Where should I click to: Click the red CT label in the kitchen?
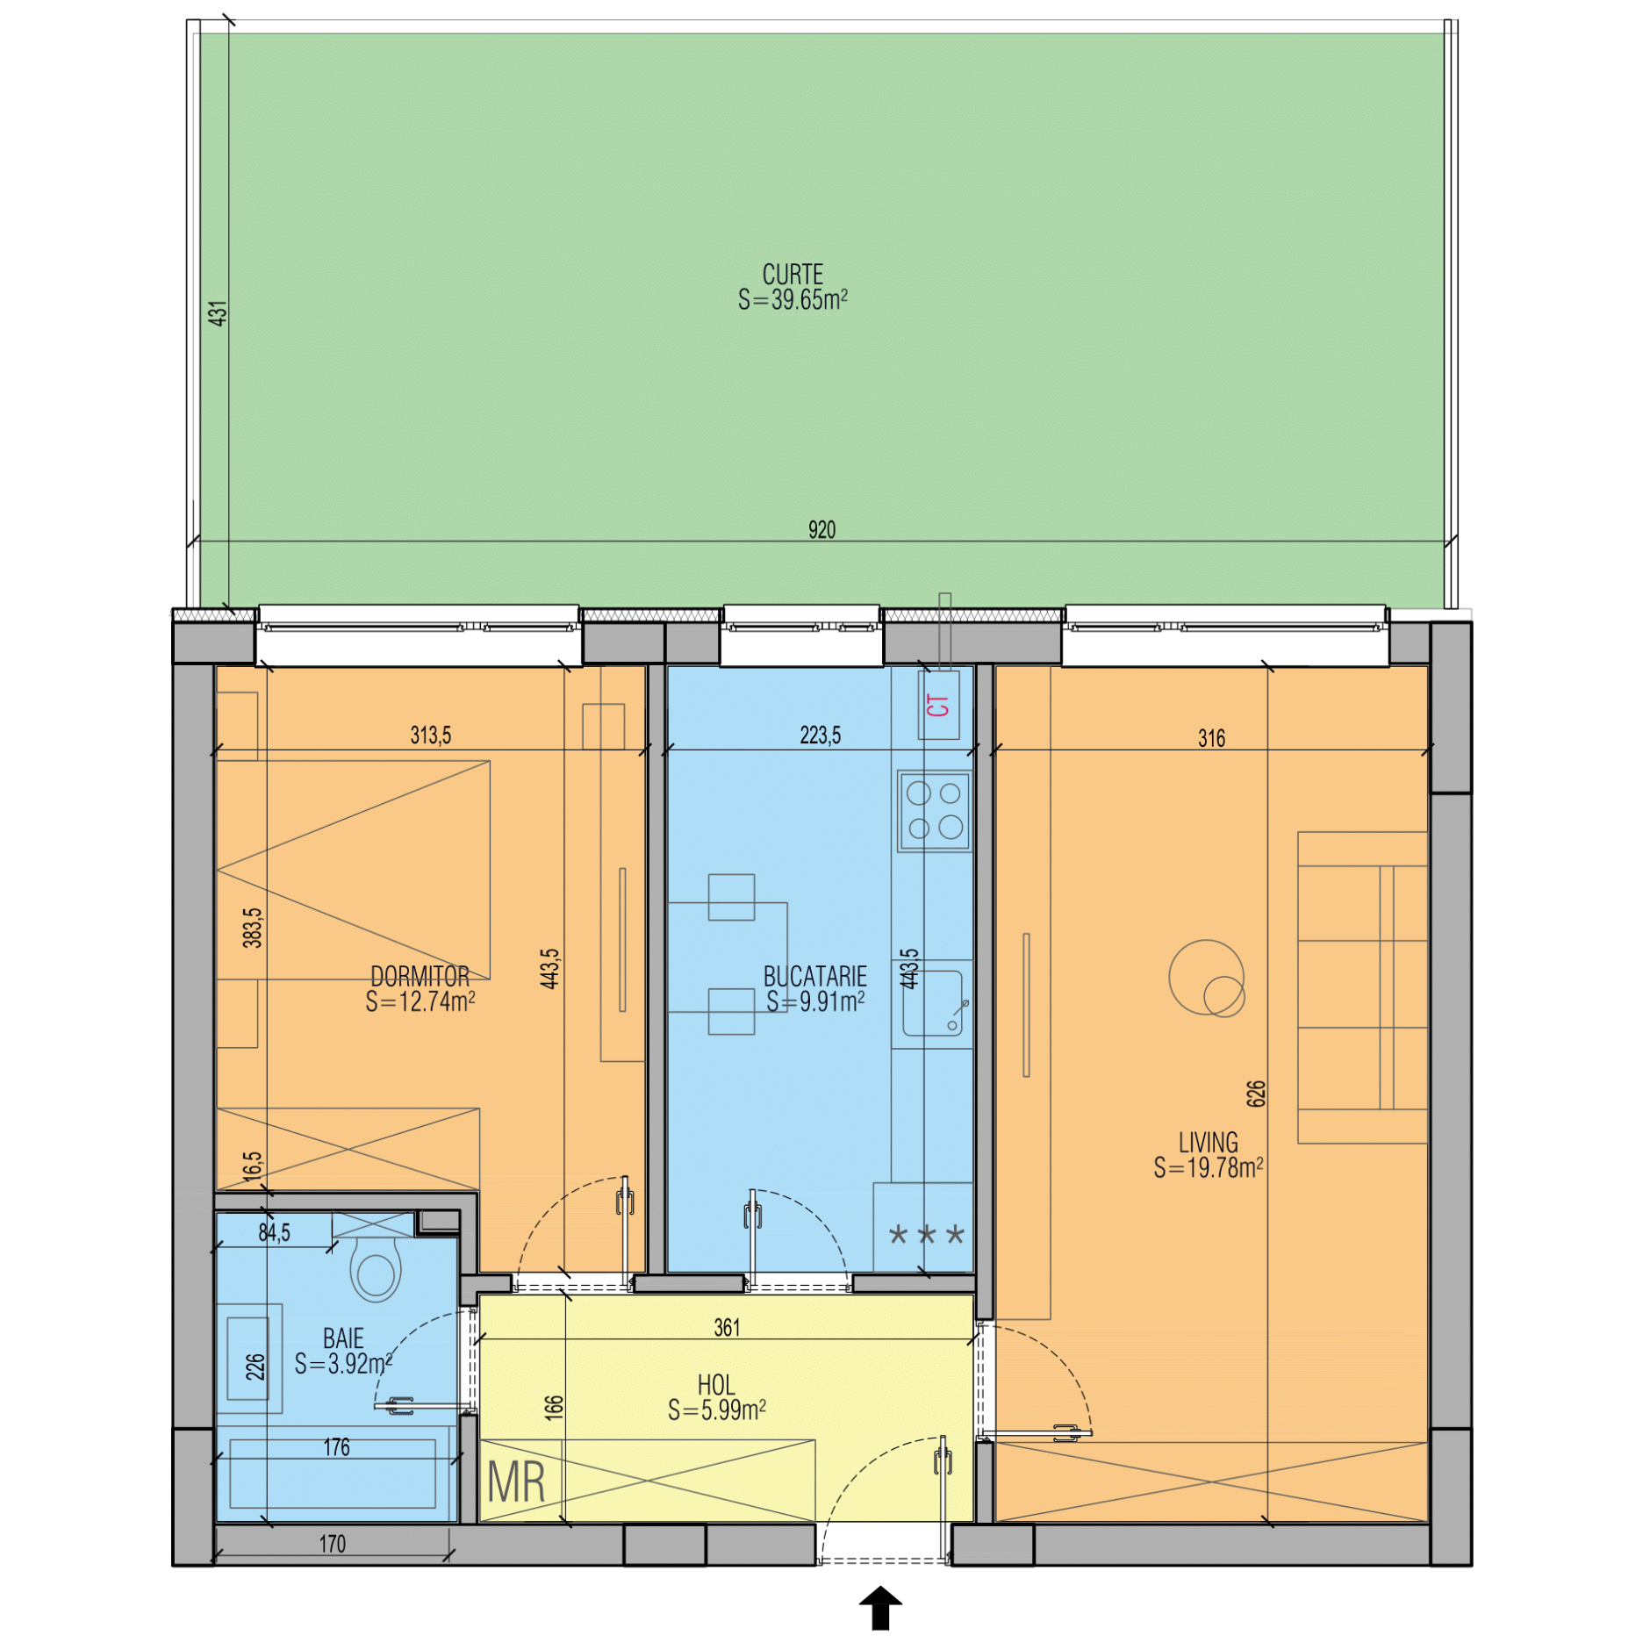pos(937,705)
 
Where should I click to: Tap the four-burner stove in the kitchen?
pos(934,811)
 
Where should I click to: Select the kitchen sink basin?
pos(932,1003)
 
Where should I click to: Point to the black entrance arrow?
pos(880,1608)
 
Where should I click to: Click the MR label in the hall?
pos(516,1482)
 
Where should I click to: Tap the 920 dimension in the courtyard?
pos(821,529)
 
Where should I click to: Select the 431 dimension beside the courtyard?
pos(218,313)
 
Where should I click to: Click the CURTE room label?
pos(793,274)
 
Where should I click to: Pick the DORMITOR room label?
pos(420,976)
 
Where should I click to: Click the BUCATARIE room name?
pos(814,976)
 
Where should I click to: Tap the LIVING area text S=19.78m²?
pos(1208,1167)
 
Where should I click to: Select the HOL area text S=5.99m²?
pos(716,1410)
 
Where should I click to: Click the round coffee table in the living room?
pos(1207,978)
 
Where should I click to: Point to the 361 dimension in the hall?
pos(727,1328)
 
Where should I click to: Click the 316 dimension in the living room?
pos(1211,738)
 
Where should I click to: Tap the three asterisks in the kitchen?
pos(927,1236)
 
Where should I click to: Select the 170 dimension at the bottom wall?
pos(332,1544)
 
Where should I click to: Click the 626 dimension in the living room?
pos(1256,1094)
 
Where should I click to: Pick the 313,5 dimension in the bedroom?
pos(430,735)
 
